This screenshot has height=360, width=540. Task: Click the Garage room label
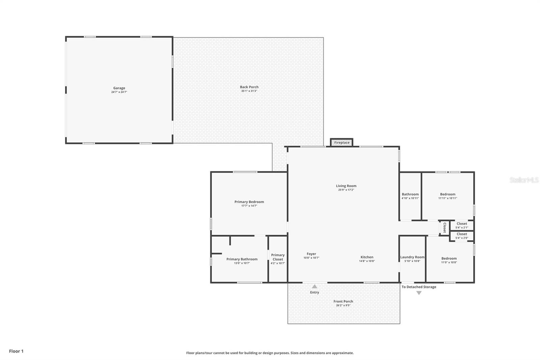tap(119, 88)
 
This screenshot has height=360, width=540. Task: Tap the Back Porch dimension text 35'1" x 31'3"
tap(249, 91)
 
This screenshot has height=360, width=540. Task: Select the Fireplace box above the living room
tap(342, 143)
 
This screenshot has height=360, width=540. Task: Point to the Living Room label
tap(346, 186)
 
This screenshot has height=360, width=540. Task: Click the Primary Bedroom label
tap(249, 202)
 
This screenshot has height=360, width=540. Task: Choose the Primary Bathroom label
tap(242, 259)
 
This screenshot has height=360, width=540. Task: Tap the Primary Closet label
tap(278, 257)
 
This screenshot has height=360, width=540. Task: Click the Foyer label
tap(311, 254)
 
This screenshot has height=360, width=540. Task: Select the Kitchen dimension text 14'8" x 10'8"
tap(367, 261)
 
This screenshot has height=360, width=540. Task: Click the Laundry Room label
tap(412, 257)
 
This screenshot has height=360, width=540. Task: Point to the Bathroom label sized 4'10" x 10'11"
tap(410, 194)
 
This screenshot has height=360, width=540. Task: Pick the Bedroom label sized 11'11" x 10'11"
tap(448, 194)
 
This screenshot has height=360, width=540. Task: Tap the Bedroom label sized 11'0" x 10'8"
tap(449, 258)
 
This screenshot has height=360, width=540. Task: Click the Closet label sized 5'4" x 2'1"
tap(462, 224)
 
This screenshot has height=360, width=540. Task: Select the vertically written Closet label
tap(444, 227)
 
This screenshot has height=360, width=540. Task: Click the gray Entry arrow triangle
tap(315, 286)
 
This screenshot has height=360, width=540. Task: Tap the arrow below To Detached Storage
tap(419, 293)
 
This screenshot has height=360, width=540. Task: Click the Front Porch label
tap(343, 301)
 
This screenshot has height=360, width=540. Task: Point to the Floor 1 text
tap(16, 351)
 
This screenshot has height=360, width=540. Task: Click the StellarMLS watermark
tap(524, 180)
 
